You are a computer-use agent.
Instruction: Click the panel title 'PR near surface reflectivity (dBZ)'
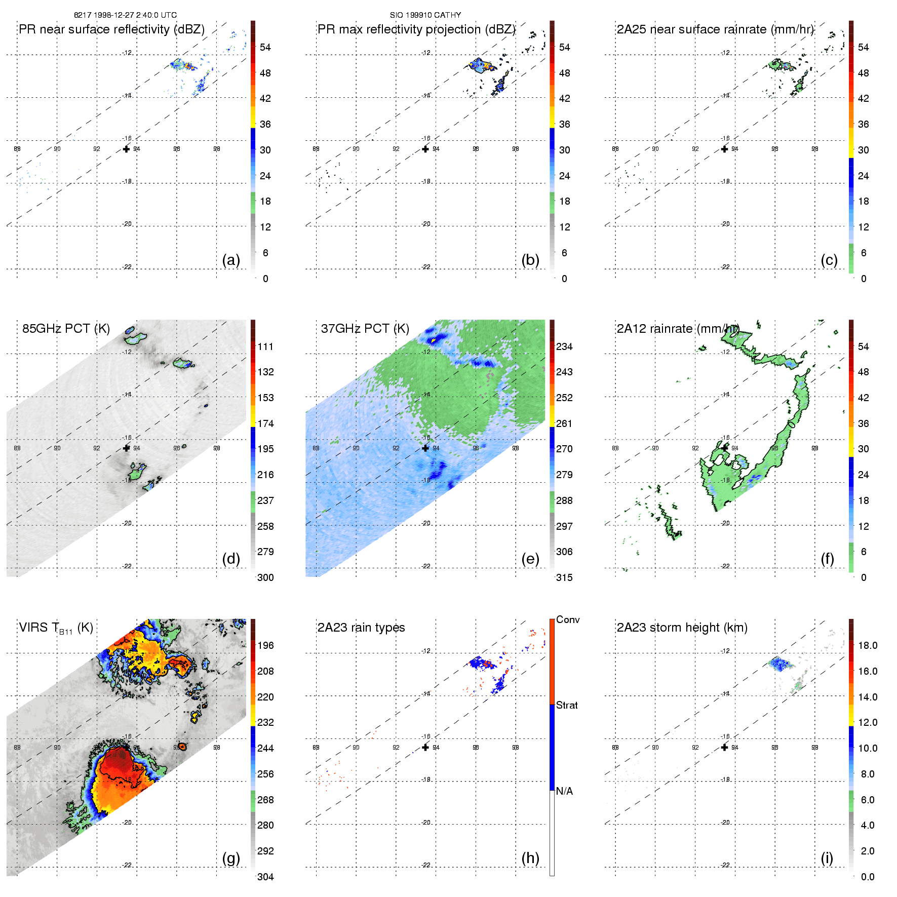click(111, 29)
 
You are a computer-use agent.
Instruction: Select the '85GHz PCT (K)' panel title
click(66, 329)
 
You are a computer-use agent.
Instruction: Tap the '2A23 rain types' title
click(361, 628)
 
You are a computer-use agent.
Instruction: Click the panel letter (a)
click(231, 260)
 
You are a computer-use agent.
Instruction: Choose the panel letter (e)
click(530, 559)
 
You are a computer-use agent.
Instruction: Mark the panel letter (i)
click(827, 858)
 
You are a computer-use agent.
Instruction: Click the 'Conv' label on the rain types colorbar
click(568, 619)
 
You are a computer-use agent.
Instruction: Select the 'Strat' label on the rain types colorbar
click(567, 705)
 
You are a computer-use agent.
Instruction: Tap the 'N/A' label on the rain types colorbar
click(564, 791)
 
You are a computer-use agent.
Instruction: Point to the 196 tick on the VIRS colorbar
click(265, 645)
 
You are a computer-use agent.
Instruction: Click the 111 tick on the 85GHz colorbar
click(265, 346)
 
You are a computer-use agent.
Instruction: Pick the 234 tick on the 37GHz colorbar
click(564, 346)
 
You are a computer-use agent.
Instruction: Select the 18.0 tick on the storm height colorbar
click(868, 645)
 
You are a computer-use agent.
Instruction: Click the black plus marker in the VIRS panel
click(126, 747)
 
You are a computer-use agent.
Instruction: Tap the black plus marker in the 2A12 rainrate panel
click(724, 448)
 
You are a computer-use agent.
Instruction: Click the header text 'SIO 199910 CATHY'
click(425, 15)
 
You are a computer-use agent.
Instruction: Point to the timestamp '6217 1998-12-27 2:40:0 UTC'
click(126, 15)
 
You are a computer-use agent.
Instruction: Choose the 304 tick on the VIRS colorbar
click(265, 877)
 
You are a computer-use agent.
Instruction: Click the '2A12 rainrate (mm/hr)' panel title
click(678, 329)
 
